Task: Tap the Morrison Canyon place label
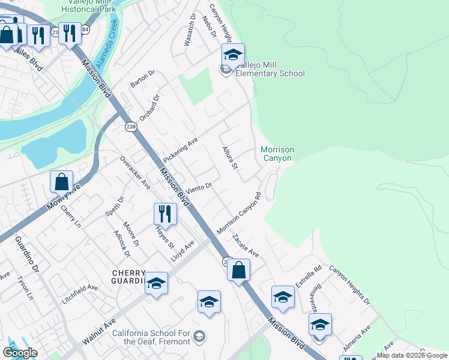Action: coord(276,154)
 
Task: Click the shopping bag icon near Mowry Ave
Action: coord(62,182)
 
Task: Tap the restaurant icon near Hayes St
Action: coord(164,214)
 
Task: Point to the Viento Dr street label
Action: coord(199,189)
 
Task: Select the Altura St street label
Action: coord(231,157)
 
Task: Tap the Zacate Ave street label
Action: coord(246,246)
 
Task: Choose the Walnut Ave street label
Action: coord(98,331)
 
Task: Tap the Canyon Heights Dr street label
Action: coord(349,284)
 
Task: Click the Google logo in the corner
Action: coord(20,353)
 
